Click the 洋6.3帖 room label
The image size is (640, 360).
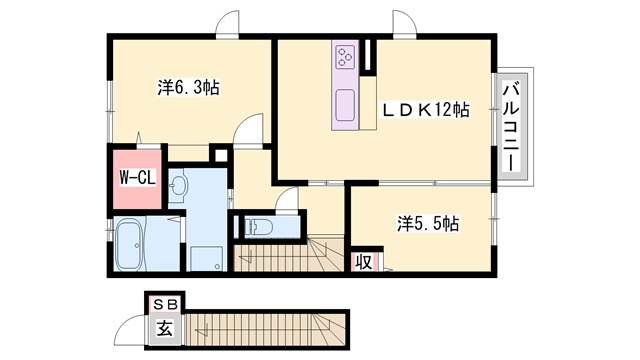(188, 88)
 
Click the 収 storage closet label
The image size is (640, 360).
(363, 262)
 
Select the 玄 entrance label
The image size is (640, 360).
(161, 326)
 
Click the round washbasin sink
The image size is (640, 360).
(178, 185)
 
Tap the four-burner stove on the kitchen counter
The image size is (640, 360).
(345, 56)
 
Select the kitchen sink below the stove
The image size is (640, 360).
(345, 102)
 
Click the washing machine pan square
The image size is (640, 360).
(207, 257)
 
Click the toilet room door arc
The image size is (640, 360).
(287, 200)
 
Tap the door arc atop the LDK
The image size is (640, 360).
(399, 25)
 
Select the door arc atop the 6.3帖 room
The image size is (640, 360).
(231, 24)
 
